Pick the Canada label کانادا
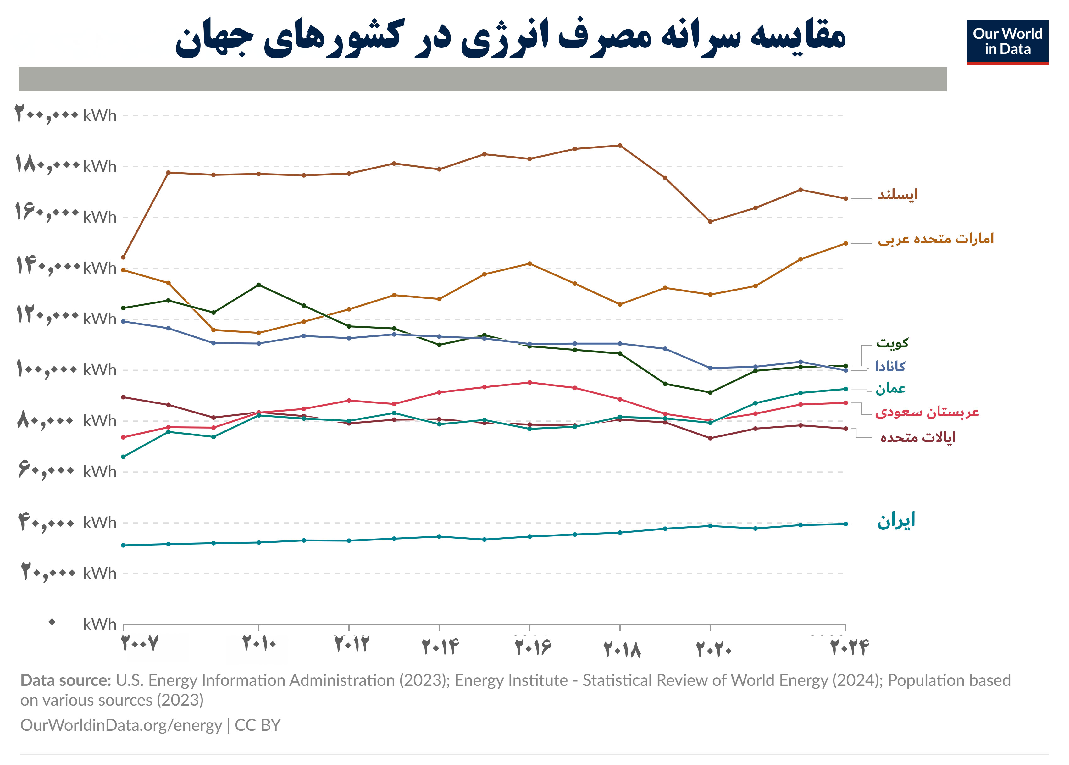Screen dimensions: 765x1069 tap(889, 366)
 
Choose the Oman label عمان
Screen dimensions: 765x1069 tap(890, 389)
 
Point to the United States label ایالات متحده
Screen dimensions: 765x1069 tap(917, 438)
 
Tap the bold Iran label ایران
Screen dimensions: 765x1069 tap(896, 520)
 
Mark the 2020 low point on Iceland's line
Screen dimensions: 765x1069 tap(710, 221)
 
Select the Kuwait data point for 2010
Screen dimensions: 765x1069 tap(258, 285)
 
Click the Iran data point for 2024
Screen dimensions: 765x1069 tap(846, 524)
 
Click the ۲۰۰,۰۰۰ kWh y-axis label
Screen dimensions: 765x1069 tap(66, 115)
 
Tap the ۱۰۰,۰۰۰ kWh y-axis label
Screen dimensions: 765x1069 tap(66, 369)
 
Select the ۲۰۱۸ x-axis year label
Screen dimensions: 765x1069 tap(622, 650)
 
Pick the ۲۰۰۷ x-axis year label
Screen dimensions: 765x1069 tap(140, 643)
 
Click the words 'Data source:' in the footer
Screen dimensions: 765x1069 tap(65, 680)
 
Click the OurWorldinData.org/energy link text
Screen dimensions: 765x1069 tap(121, 725)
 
